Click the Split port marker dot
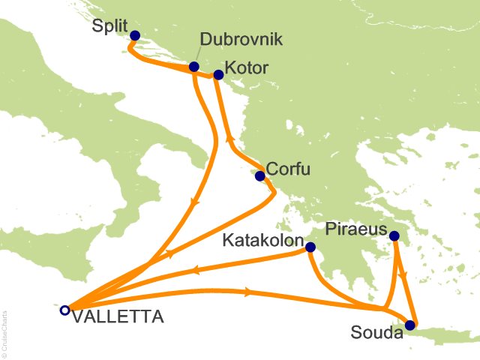135,35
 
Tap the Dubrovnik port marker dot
194,67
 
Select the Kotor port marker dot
218,74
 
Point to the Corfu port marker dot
259,176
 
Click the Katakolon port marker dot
310,247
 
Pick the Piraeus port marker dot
394,237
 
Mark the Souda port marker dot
409,325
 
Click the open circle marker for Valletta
65,309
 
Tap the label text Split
108,26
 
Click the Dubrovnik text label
242,39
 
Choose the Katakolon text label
262,243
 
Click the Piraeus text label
355,228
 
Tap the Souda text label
375,330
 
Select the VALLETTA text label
117,318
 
